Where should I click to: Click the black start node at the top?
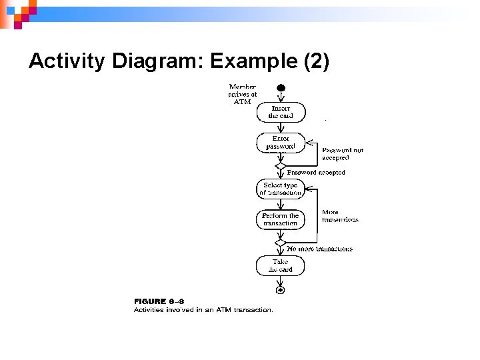281,87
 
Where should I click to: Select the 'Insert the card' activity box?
281,111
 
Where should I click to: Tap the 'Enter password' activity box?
281,142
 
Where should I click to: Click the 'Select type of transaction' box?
281,189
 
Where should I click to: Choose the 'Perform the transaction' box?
281,219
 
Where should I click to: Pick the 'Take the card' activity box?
281,265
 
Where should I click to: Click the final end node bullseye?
281,290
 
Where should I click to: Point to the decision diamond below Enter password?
281,166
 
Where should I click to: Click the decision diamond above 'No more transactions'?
281,243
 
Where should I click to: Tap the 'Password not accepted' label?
343,154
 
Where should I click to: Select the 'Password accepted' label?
316,172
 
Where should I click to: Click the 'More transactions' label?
340,216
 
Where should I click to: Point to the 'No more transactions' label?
319,249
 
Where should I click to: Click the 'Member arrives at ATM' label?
243,94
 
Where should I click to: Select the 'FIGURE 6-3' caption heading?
159,301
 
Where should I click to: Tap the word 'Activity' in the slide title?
67,61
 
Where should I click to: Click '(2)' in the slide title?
316,61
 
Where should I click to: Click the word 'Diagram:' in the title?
158,61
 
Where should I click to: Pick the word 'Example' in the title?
254,61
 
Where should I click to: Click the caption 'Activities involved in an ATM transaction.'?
203,309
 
